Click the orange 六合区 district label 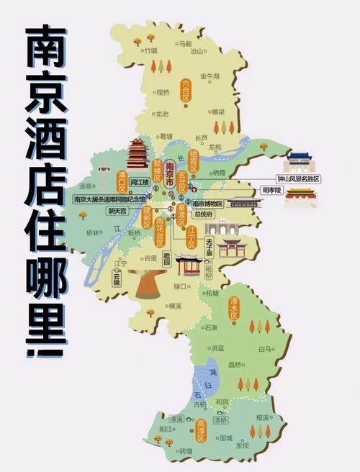(186, 91)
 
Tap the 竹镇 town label (150, 51)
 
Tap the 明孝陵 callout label (271, 190)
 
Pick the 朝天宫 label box (117, 212)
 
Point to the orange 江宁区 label (192, 238)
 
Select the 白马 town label (264, 349)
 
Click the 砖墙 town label (186, 450)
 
